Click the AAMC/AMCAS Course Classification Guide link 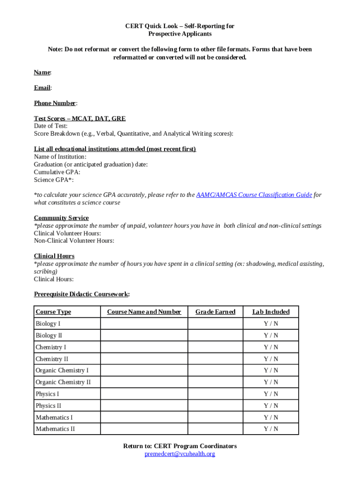coord(254,195)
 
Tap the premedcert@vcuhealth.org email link coord(180,454)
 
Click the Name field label coord(42,73)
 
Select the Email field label coord(42,88)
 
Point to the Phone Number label coord(55,103)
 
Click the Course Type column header coord(53,312)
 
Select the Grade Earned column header coord(215,312)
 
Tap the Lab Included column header coord(271,312)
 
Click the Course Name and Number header coord(144,312)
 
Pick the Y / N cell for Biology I coord(271,324)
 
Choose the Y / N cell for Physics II coord(271,406)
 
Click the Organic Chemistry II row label coord(63,382)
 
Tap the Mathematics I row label coord(54,417)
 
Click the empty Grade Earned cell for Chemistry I coord(215,347)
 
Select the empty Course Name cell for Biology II coord(144,335)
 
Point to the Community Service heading coord(61,218)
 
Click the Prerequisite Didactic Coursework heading coord(81,294)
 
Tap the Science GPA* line coord(53,180)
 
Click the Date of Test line coord(50,126)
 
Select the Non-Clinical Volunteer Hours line coord(74,241)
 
